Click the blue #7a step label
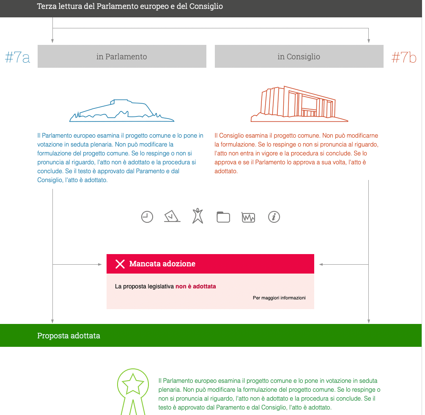point(18,57)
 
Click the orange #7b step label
point(404,57)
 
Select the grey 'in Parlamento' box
point(122,56)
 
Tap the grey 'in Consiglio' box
point(299,56)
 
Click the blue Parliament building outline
point(122,111)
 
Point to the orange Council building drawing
point(299,104)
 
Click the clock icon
point(147,217)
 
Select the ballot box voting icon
point(172,216)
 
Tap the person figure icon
point(197,216)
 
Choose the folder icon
point(223,217)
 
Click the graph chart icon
point(249,217)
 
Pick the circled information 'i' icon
point(274,217)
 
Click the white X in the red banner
point(120,264)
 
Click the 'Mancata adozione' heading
point(162,264)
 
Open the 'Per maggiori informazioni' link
point(279,298)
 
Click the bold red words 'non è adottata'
point(196,286)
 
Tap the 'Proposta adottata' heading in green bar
point(69,336)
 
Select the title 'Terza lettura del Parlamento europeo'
point(130,6)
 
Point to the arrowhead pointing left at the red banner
point(321,264)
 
